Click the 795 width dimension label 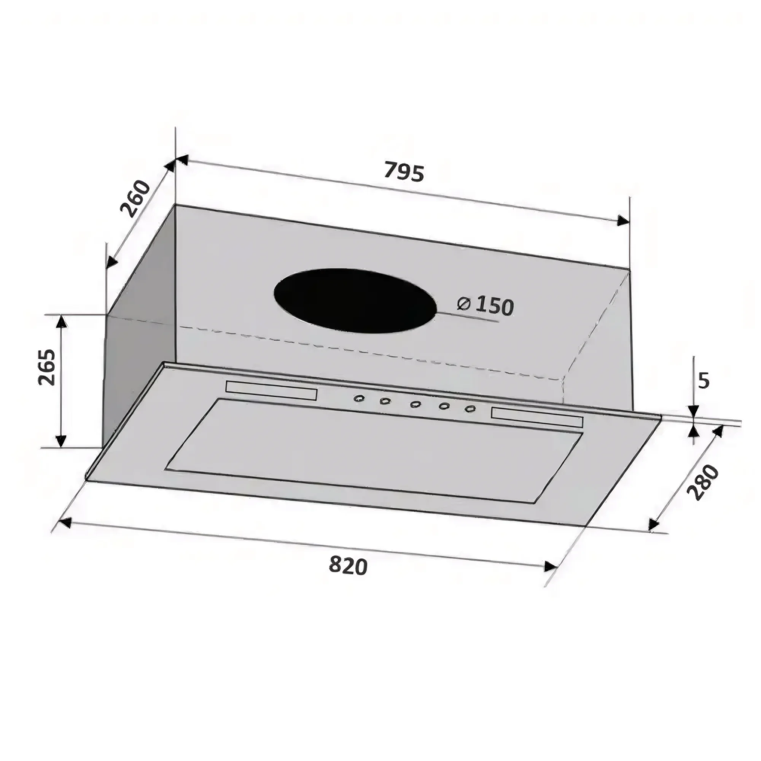click(404, 172)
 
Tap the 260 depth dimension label click(135, 199)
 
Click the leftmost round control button click(358, 399)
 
